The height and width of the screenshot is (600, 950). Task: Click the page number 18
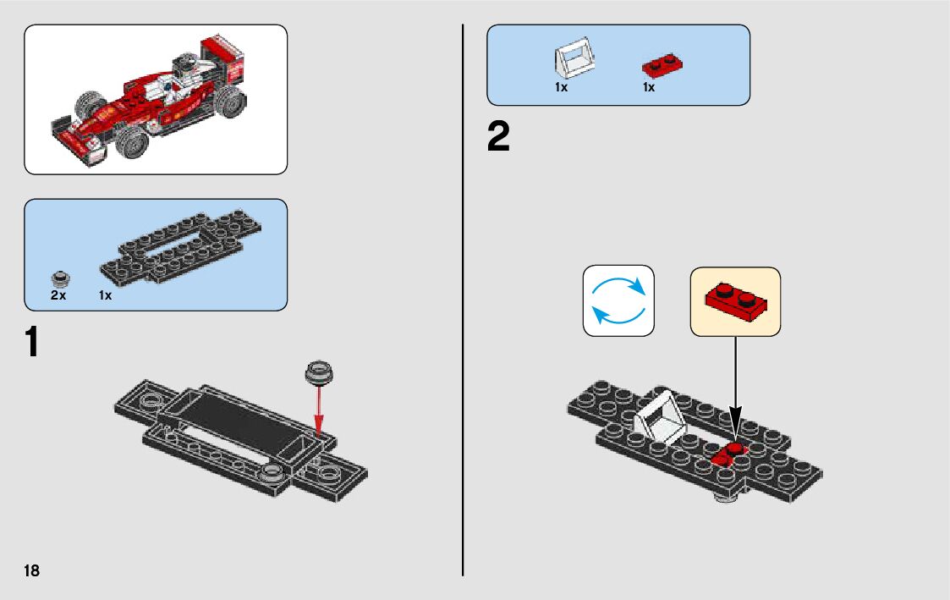tap(31, 570)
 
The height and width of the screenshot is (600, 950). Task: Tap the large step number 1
tap(30, 343)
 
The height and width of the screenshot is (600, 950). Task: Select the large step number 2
tap(499, 138)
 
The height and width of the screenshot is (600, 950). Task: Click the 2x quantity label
tap(58, 295)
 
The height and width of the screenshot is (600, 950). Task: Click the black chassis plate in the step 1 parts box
tap(181, 248)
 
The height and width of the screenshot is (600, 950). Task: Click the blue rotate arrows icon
tap(618, 300)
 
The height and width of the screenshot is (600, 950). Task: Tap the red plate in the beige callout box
tap(735, 300)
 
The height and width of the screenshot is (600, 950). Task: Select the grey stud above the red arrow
tap(320, 370)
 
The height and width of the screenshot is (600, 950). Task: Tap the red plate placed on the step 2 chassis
tap(728, 455)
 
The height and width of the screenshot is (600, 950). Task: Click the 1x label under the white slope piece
tap(562, 87)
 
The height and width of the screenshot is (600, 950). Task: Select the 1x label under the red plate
tap(649, 87)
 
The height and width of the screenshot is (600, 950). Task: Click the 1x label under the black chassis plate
tap(106, 295)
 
